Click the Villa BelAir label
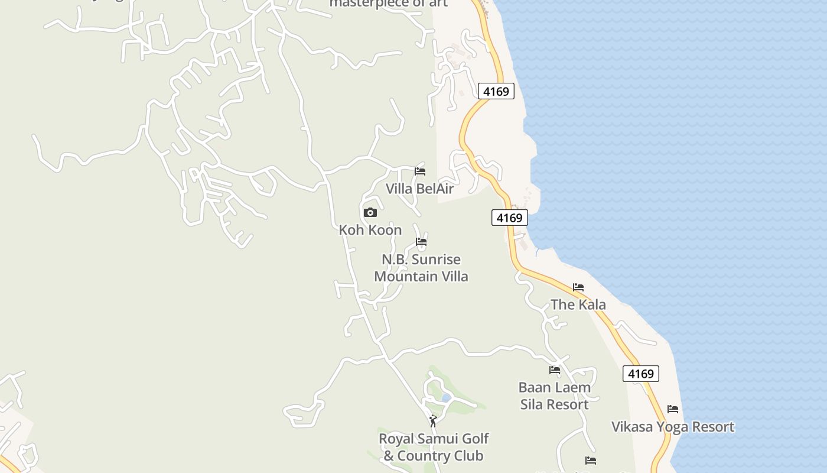tap(419, 189)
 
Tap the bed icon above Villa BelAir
tap(420, 171)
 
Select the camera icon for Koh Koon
tap(370, 212)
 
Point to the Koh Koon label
tap(370, 230)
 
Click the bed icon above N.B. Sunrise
tap(421, 242)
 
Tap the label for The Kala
tap(578, 304)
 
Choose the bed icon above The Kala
tap(578, 287)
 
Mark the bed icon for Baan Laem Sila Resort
tap(555, 370)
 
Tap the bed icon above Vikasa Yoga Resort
tap(673, 409)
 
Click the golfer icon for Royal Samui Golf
tap(433, 421)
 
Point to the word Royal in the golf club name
tap(397, 439)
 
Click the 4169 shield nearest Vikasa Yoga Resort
tap(641, 374)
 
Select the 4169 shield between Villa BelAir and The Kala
tap(509, 218)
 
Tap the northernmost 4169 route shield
tap(496, 91)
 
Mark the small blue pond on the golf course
tap(446, 398)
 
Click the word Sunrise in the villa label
tap(436, 260)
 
